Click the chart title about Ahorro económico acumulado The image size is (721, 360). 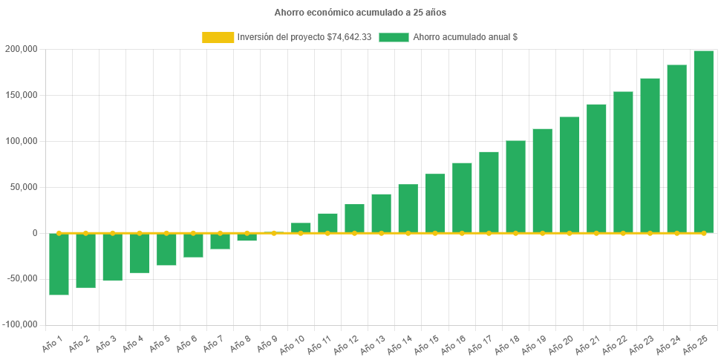coord(360,13)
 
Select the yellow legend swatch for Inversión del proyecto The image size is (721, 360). coord(217,37)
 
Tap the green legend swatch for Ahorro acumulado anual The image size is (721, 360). coord(394,37)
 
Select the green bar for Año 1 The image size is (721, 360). coord(59,264)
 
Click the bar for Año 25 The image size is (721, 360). coord(703,141)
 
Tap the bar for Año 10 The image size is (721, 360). coord(301,228)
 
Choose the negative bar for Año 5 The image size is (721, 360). coord(166,249)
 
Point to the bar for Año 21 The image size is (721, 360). coord(596,168)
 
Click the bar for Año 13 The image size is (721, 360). coord(381,214)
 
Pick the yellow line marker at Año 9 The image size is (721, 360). coord(274,233)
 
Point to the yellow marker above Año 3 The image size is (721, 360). coord(113,233)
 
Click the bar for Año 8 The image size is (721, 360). coord(247,237)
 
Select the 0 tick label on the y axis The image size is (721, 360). coord(34,233)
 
